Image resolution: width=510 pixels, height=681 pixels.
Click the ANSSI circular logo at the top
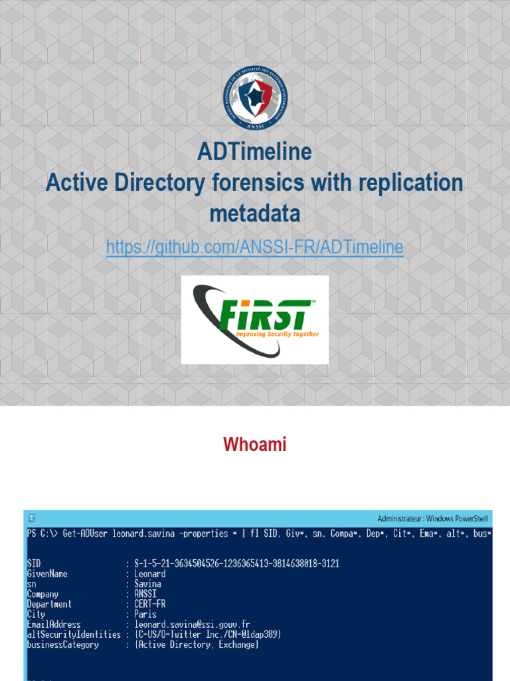[x=255, y=98]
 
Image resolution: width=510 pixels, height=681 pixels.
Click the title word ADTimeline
[x=255, y=152]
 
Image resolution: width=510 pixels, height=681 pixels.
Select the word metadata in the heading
[x=255, y=214]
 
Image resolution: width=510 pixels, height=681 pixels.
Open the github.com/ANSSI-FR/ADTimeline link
[x=255, y=247]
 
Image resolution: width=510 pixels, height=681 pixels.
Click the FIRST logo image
[x=255, y=320]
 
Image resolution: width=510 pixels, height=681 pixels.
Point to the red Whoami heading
[x=255, y=444]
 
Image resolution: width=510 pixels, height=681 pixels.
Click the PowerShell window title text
[x=434, y=519]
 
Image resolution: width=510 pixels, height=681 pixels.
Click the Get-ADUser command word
[x=86, y=534]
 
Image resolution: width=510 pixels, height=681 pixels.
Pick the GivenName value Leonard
[x=149, y=574]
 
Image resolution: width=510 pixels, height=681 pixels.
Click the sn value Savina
[x=147, y=584]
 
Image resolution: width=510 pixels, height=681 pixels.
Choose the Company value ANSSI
[x=146, y=594]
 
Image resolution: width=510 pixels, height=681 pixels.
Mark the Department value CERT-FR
[x=149, y=605]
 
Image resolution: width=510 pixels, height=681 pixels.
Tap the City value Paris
[x=145, y=614]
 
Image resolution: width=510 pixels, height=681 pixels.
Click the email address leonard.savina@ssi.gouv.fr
[x=191, y=624]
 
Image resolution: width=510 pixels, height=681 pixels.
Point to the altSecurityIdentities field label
[x=74, y=634]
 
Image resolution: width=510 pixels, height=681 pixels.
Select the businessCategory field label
[x=62, y=644]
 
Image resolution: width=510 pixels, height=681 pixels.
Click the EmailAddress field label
[x=54, y=624]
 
